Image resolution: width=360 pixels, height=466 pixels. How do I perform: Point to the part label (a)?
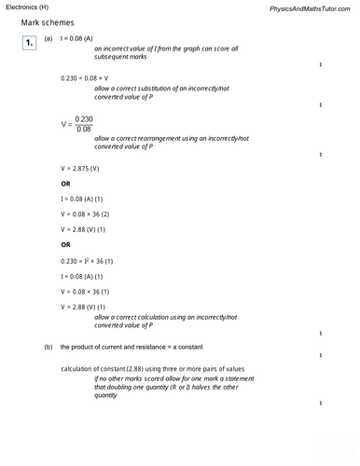point(48,43)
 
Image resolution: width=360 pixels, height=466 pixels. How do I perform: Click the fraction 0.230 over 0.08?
point(84,124)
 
